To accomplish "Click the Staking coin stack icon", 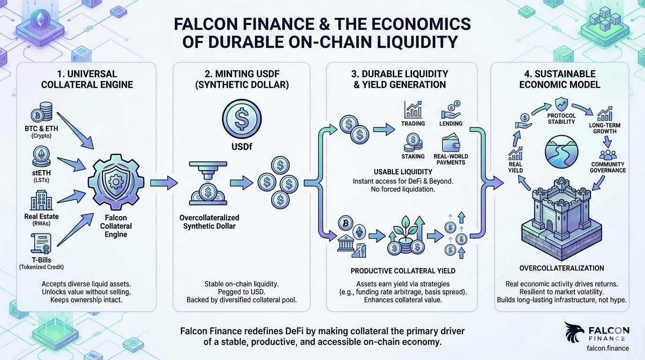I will [x=413, y=142].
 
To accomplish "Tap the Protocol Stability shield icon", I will [x=561, y=104].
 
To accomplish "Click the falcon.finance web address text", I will [x=607, y=348].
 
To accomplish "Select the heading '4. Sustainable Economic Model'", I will [x=561, y=79].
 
